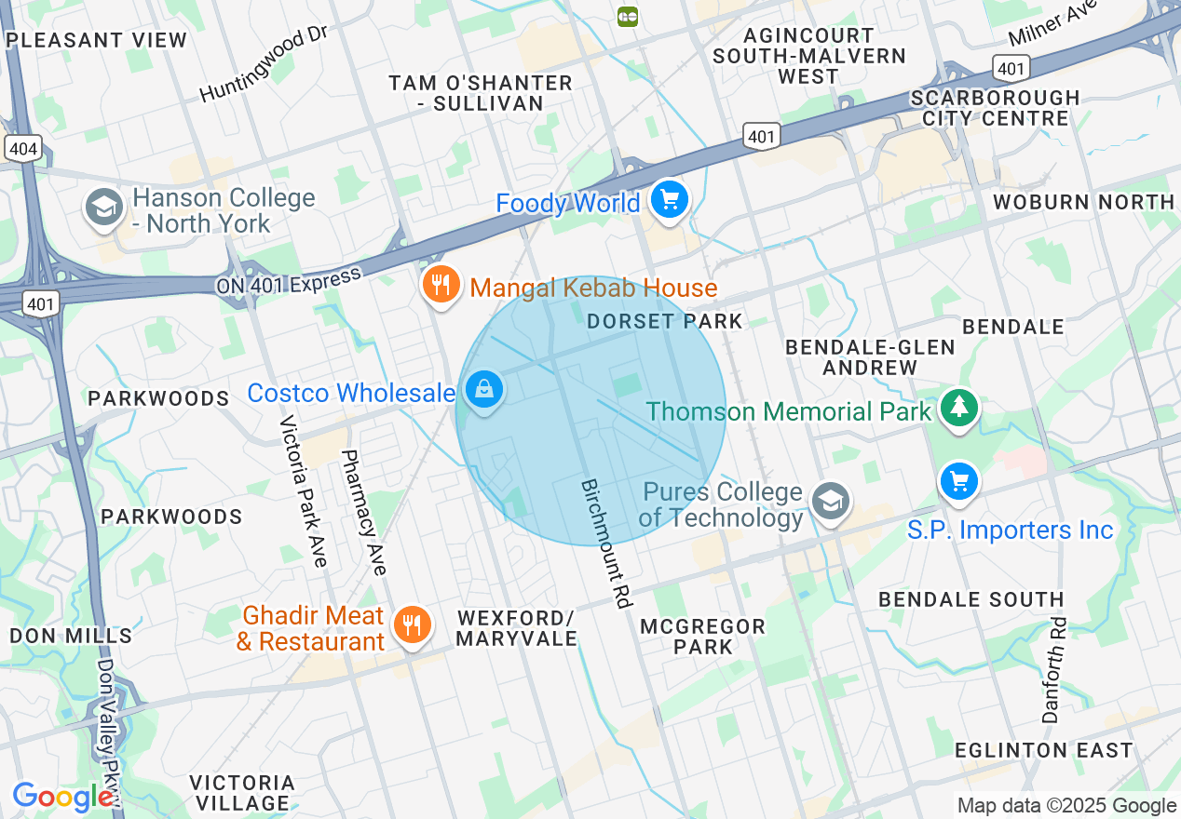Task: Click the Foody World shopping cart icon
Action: pos(668,199)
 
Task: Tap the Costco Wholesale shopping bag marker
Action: pos(484,390)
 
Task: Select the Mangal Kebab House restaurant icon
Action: pos(441,285)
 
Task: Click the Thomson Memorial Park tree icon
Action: pos(957,408)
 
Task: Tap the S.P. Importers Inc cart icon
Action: pos(957,482)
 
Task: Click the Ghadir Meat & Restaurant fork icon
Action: pos(411,624)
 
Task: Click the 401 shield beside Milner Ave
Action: pos(1011,67)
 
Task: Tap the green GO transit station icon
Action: pos(628,16)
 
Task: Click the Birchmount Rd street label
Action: pos(605,544)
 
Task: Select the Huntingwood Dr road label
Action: pos(265,65)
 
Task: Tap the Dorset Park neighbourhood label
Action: pos(665,321)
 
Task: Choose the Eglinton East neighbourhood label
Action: pos(1043,750)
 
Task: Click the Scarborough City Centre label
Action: pos(996,108)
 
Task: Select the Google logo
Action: pos(62,798)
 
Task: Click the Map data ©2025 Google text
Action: pos(1066,806)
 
